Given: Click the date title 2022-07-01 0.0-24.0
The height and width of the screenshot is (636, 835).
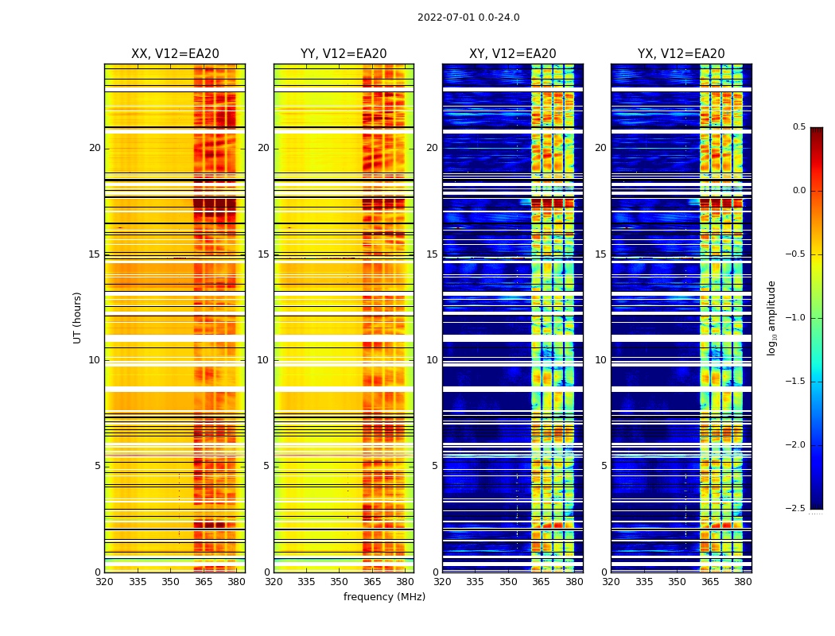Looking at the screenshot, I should tap(468, 17).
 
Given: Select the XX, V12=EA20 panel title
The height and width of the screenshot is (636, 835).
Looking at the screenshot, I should tap(175, 54).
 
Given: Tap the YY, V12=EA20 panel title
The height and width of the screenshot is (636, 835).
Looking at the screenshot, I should tap(344, 54).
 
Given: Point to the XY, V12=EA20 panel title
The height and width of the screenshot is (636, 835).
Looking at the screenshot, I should tap(513, 54).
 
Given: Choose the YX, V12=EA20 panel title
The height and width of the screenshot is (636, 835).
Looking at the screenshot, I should tap(682, 54).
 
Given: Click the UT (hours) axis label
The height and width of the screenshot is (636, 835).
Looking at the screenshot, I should tap(78, 318).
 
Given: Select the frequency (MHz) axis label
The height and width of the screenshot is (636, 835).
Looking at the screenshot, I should tap(384, 597).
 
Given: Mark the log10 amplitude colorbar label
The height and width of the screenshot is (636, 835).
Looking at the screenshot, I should tap(771, 318).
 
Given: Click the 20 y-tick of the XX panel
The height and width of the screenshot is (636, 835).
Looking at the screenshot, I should tap(95, 148).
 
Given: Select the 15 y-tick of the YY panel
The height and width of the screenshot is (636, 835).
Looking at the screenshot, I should tap(264, 254).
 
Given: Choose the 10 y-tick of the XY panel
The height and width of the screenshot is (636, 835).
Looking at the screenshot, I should tap(432, 360).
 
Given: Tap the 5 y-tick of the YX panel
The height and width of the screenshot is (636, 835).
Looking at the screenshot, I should tap(604, 466).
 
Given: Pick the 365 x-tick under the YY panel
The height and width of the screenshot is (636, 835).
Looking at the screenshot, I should tap(372, 582).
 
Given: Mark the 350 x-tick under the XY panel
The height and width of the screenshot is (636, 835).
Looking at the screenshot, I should tap(508, 582).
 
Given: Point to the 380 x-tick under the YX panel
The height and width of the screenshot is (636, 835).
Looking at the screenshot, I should tap(743, 582).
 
